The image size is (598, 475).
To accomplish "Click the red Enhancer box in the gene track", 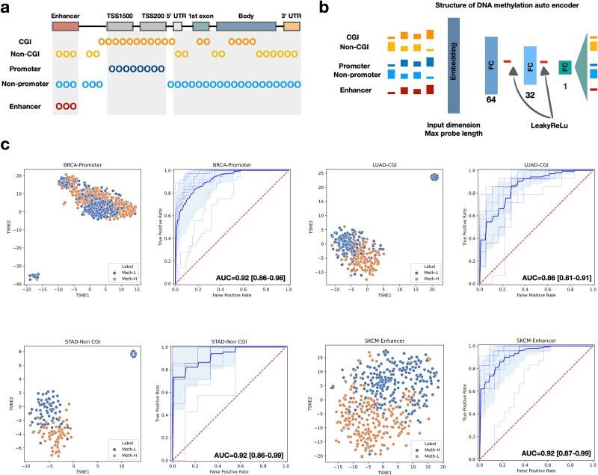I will click(x=65, y=26).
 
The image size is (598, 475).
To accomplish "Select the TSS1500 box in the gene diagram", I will click(x=120, y=26).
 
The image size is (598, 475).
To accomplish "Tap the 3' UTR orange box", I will click(x=292, y=26).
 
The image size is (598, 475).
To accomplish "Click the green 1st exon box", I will click(x=201, y=26).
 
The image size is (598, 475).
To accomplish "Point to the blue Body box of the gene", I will click(x=246, y=26).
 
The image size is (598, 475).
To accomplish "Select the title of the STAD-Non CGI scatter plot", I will click(x=50, y=345).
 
